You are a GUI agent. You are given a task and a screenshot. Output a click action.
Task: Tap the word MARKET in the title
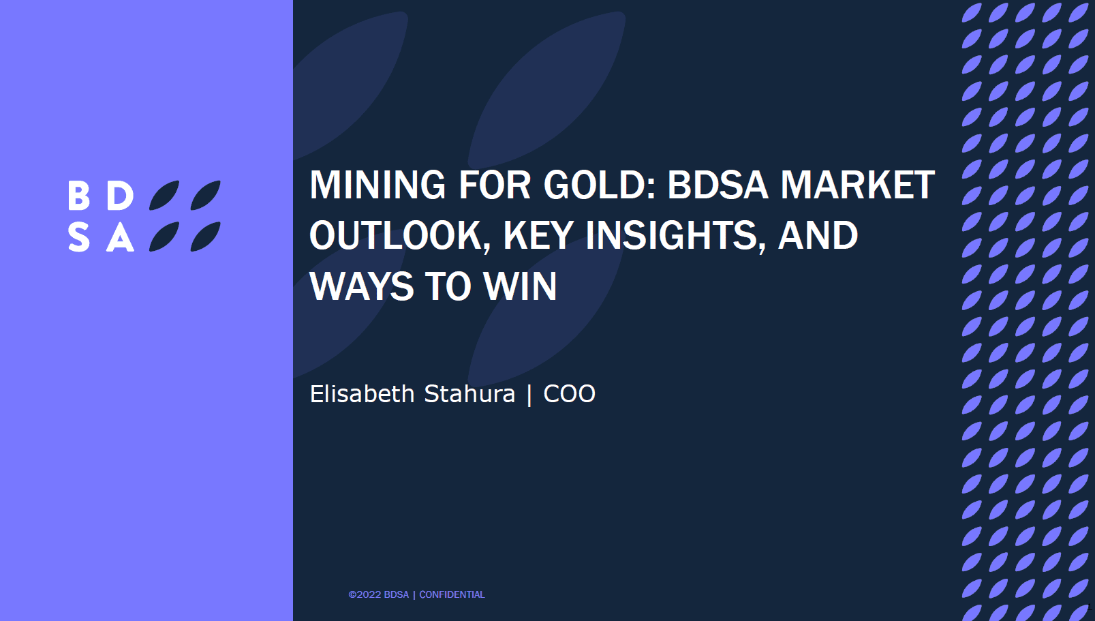point(857,185)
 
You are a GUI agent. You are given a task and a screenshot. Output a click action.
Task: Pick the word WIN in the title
point(520,286)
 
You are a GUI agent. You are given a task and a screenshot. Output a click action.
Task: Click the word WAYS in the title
point(362,286)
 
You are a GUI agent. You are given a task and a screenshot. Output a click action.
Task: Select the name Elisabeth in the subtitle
point(363,393)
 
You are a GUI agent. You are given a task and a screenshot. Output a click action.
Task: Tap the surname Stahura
point(469,393)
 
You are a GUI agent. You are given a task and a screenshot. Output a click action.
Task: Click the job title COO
point(569,394)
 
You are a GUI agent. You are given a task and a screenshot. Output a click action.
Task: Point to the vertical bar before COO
point(529,395)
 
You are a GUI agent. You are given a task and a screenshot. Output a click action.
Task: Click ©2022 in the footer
point(364,594)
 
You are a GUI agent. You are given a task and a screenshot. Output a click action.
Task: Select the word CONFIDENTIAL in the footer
point(452,594)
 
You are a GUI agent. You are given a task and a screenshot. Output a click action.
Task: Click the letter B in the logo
point(79,196)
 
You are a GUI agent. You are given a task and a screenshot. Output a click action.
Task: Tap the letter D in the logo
point(120,196)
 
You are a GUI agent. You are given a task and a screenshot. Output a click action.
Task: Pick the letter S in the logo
point(79,237)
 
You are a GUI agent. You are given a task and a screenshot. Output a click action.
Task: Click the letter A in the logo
point(120,237)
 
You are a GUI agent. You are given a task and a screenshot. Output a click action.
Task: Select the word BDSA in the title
point(718,185)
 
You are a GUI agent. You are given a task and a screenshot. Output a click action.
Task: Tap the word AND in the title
point(818,236)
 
